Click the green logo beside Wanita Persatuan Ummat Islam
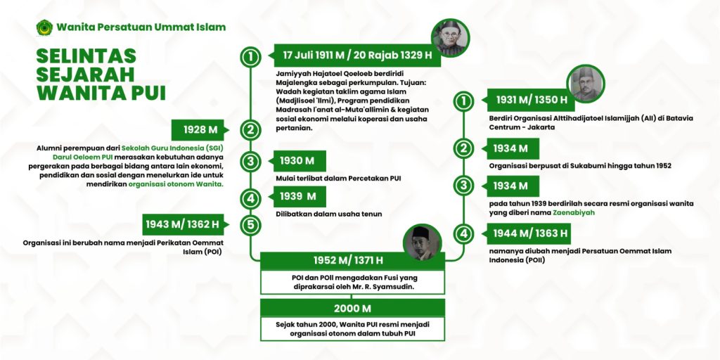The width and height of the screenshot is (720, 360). [x=44, y=27]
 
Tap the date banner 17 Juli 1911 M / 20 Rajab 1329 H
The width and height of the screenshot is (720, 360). [x=356, y=56]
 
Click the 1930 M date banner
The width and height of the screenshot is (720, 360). [x=296, y=161]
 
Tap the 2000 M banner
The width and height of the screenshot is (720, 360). [x=352, y=309]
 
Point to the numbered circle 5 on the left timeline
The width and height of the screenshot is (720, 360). [x=250, y=225]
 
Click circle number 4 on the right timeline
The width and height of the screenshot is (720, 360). [x=463, y=233]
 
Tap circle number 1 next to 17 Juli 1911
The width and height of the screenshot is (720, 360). [x=250, y=56]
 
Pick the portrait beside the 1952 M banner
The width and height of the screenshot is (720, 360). [x=423, y=244]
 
